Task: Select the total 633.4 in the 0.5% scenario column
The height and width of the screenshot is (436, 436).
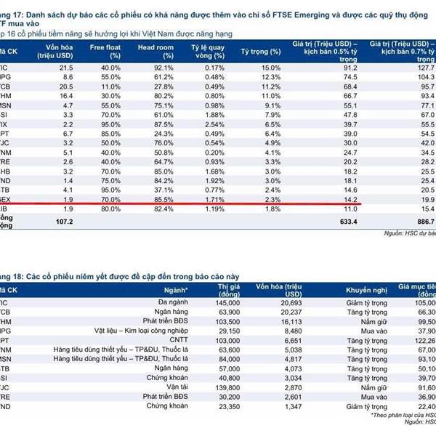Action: (x=352, y=221)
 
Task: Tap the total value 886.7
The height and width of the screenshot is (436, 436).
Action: (x=421, y=221)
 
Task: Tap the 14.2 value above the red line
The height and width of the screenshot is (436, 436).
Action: (x=352, y=198)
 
